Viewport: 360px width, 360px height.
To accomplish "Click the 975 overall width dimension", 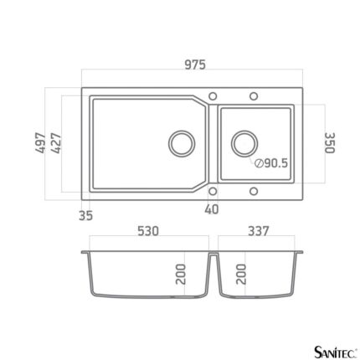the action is coord(195,64).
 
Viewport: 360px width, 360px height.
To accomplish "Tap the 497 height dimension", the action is coord(40,143).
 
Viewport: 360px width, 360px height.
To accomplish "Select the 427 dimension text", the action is coord(56,143).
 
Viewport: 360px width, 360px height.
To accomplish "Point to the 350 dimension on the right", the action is coord(330,143).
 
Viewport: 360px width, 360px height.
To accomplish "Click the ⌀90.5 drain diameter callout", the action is coord(270,163).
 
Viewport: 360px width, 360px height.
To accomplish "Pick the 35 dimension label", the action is coord(85,215).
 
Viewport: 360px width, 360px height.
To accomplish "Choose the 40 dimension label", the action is coord(212,209).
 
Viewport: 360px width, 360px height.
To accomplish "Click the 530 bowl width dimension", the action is coord(148,231).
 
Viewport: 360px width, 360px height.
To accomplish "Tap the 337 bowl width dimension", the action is coord(259,231).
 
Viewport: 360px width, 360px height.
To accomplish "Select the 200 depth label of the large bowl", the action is coord(181,274).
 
